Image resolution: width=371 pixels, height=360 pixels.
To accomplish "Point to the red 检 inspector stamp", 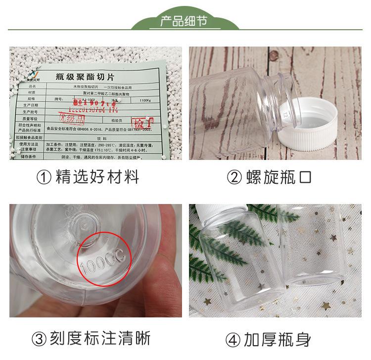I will pos(138,122).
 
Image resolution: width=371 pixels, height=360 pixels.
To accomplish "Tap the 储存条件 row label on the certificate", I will pos(33,157).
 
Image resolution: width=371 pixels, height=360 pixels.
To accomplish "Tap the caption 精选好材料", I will pos(97,177).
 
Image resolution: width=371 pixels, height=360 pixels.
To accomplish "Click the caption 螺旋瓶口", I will pos(279,177).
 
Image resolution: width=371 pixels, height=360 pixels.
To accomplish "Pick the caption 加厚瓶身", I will pos(277,340).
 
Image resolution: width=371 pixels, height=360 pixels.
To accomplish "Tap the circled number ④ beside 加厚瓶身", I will pos(232,340).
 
